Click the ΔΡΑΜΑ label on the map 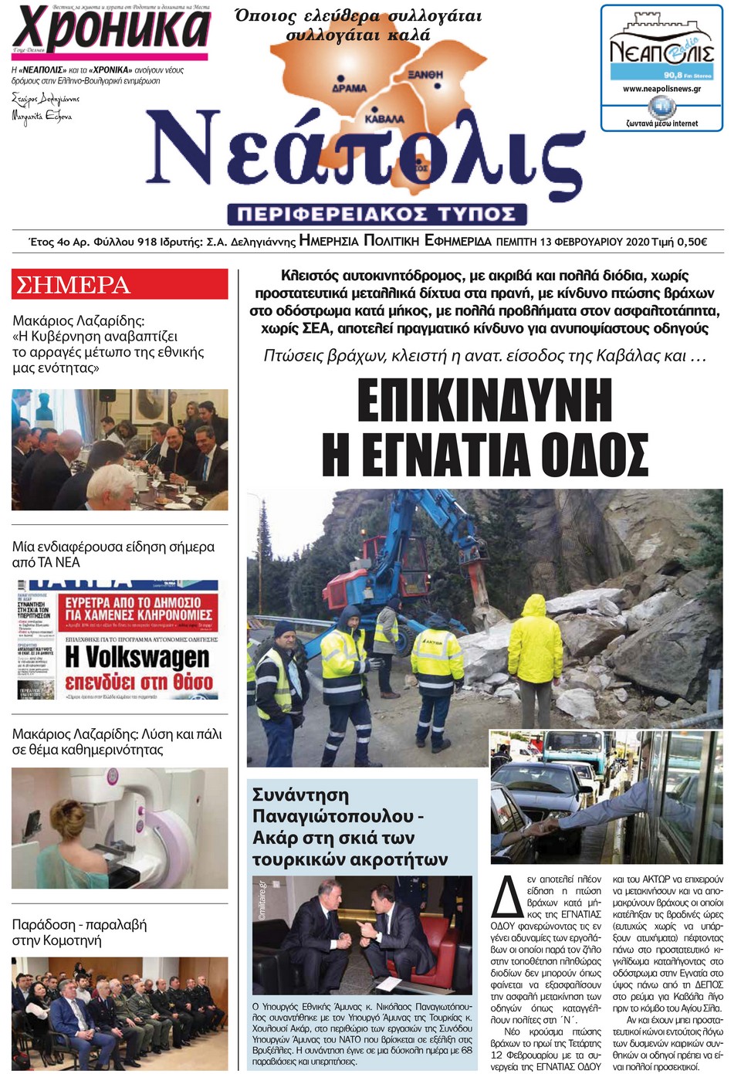click(x=349, y=88)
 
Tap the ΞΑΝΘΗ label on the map click(x=425, y=74)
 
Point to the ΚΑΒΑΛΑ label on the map click(x=384, y=120)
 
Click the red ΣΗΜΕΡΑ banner click(x=120, y=284)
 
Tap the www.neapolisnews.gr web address click(x=661, y=89)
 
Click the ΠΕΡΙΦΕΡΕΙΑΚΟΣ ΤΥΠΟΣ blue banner click(x=377, y=213)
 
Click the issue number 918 click(x=147, y=242)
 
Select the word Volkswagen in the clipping click(x=137, y=657)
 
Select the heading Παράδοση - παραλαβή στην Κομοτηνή click(x=80, y=932)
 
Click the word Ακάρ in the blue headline click(x=273, y=838)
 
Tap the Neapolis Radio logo click(x=661, y=51)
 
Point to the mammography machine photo click(x=120, y=828)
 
